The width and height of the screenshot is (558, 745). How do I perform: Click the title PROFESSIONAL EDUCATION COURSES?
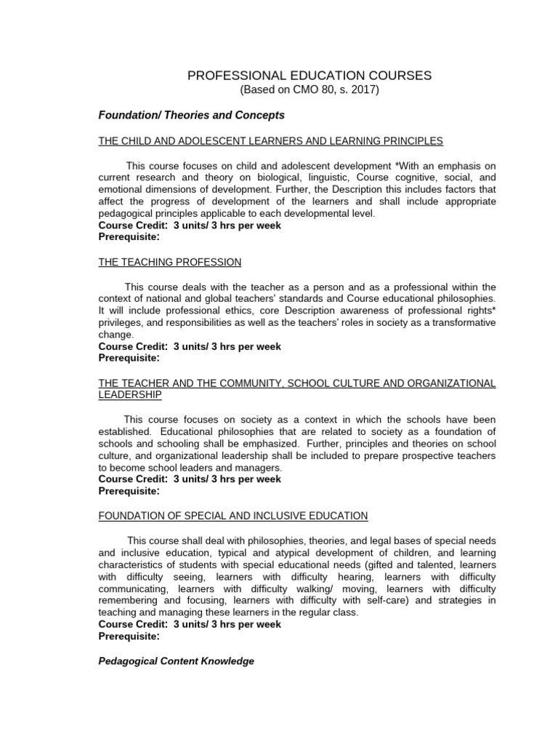point(310,75)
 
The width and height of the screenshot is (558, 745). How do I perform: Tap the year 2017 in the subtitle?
point(363,89)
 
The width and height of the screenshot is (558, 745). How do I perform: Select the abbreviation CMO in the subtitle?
point(304,89)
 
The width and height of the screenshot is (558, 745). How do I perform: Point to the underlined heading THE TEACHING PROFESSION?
point(169,261)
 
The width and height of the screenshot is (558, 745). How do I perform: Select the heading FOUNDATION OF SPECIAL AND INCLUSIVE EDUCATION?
point(232,516)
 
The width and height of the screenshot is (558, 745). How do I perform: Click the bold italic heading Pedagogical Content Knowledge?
point(176,661)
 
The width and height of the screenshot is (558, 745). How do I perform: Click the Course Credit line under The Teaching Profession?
point(190,346)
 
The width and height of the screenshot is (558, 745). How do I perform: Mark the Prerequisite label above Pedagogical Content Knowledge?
point(128,636)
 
